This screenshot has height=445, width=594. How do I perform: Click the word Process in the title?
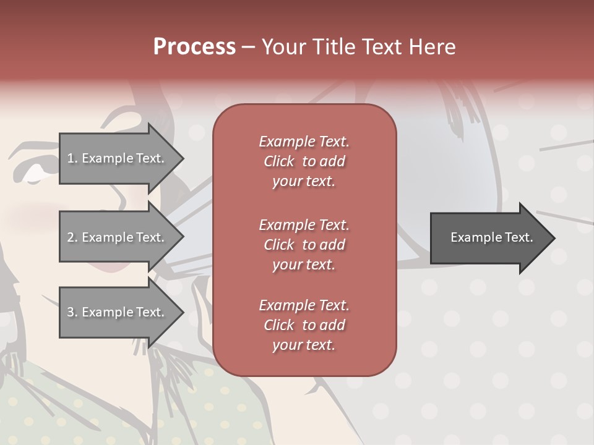pyautogui.click(x=194, y=47)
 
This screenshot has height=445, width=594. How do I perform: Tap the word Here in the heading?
pyautogui.click(x=433, y=47)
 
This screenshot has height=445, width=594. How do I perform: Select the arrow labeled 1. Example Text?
pyautogui.click(x=118, y=158)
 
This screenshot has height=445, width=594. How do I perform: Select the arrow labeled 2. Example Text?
pyautogui.click(x=118, y=237)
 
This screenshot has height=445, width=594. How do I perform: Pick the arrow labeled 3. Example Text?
pyautogui.click(x=118, y=312)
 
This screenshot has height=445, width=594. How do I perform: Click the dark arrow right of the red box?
pyautogui.click(x=489, y=238)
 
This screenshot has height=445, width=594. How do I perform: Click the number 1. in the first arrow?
pyautogui.click(x=72, y=158)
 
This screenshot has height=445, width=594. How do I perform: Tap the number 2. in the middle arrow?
pyautogui.click(x=72, y=237)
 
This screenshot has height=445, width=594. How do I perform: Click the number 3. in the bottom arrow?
pyautogui.click(x=72, y=312)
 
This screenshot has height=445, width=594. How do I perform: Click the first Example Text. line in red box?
pyautogui.click(x=304, y=142)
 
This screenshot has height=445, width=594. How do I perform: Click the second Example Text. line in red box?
pyautogui.click(x=304, y=224)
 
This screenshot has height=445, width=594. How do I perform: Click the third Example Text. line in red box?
pyautogui.click(x=304, y=305)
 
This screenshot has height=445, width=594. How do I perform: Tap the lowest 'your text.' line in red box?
pyautogui.click(x=304, y=345)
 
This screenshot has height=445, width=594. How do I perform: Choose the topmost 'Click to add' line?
pyautogui.click(x=304, y=161)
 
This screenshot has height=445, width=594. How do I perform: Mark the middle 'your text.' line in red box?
pyautogui.click(x=304, y=265)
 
